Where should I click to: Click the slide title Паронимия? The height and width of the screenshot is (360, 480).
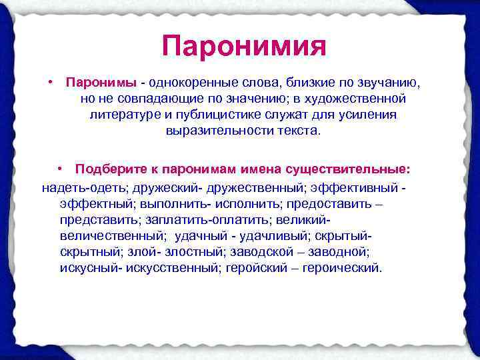click(x=243, y=47)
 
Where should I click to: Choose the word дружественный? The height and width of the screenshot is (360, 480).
click(x=257, y=187)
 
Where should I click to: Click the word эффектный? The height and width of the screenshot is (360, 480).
click(x=95, y=203)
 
